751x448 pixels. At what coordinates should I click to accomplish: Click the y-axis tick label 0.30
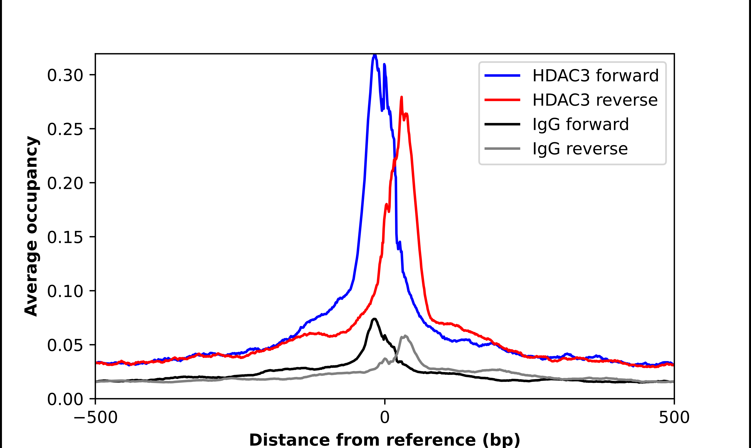65,76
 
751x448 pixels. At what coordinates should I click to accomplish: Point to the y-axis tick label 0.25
65,129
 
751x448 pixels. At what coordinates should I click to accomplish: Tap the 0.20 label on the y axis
65,183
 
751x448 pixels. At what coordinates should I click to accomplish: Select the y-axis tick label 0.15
65,237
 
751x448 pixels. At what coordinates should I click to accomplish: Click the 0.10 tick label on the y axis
65,291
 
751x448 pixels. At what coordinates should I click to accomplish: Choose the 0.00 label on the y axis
65,399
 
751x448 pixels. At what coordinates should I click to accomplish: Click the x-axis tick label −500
95,417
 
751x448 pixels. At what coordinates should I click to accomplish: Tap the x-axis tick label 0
384,417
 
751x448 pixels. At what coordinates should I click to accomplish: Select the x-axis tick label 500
674,417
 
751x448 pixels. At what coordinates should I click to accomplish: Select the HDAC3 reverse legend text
595,100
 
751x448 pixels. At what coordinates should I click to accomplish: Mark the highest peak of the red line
401,97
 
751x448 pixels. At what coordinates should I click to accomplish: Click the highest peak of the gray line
405,336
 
